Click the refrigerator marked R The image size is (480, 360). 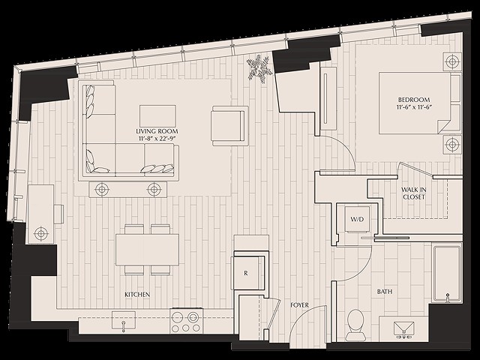(247, 274)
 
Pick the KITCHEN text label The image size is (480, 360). (137, 295)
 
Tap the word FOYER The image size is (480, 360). (299, 305)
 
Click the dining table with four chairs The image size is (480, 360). (147, 249)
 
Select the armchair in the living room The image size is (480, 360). (229, 125)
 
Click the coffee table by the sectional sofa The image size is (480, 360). (157, 115)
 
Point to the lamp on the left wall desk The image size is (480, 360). (40, 234)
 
